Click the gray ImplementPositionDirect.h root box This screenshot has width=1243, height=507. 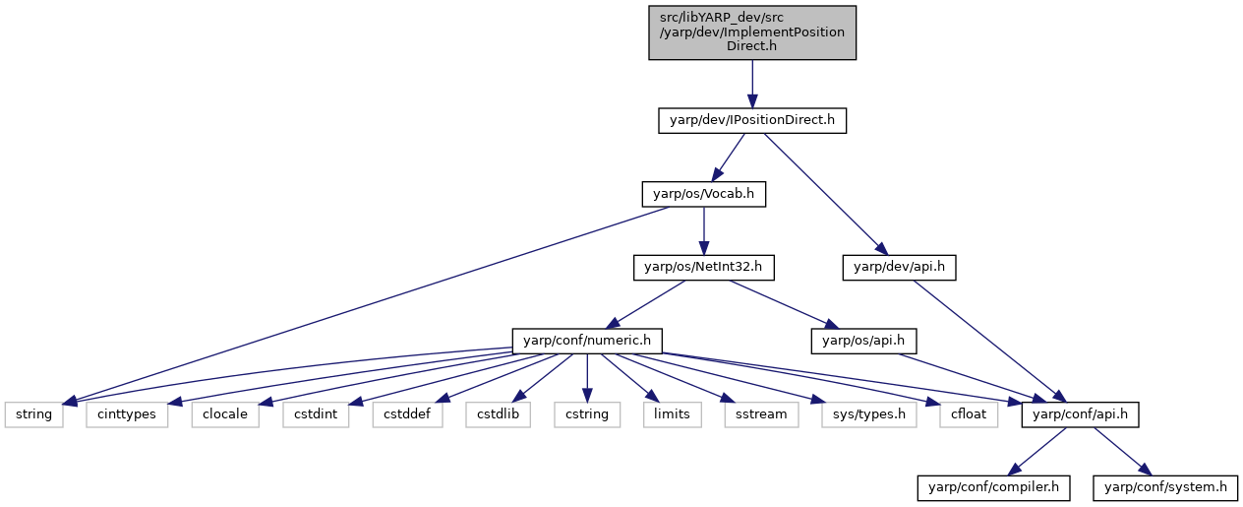click(752, 32)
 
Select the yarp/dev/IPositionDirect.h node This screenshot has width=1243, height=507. click(752, 120)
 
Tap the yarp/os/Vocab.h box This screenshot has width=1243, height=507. click(704, 194)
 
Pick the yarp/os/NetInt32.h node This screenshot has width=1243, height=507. click(704, 268)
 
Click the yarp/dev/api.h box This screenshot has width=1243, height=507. click(899, 268)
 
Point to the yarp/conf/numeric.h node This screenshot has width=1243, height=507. click(587, 341)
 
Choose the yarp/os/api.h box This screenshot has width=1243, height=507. click(863, 341)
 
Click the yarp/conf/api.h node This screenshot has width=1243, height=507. click(1080, 414)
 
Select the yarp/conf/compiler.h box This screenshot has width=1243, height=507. click(993, 488)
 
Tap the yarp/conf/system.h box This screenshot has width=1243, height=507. click(1165, 488)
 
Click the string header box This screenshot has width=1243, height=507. click(33, 414)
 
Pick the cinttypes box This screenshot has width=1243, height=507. click(127, 414)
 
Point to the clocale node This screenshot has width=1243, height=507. click(225, 414)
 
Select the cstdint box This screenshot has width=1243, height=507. click(316, 414)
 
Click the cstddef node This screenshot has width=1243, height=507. click(407, 414)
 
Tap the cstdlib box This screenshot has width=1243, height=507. click(498, 414)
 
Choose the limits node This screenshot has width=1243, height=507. click(672, 414)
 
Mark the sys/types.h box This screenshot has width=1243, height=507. click(869, 414)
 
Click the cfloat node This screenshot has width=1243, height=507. click(969, 414)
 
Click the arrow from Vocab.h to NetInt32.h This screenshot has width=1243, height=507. click(704, 231)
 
